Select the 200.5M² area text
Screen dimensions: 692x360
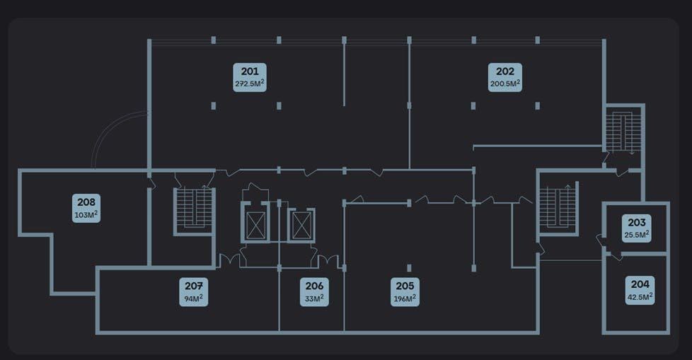click(505, 83)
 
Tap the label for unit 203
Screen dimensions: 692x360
click(636, 228)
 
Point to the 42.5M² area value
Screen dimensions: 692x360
click(640, 297)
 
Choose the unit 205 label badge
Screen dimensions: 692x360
click(405, 291)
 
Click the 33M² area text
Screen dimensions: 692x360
click(314, 298)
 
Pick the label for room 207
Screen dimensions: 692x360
click(194, 291)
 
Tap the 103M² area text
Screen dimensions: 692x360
click(86, 215)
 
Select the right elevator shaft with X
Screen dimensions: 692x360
click(301, 226)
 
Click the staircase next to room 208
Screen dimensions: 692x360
click(194, 211)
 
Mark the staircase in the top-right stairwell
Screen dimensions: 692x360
click(623, 131)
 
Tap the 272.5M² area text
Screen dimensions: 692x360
click(250, 83)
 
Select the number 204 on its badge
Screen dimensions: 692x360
click(640, 284)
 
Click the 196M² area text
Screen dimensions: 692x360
click(405, 298)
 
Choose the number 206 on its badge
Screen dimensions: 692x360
click(314, 286)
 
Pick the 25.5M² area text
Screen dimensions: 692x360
click(636, 235)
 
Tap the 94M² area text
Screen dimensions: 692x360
click(194, 298)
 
